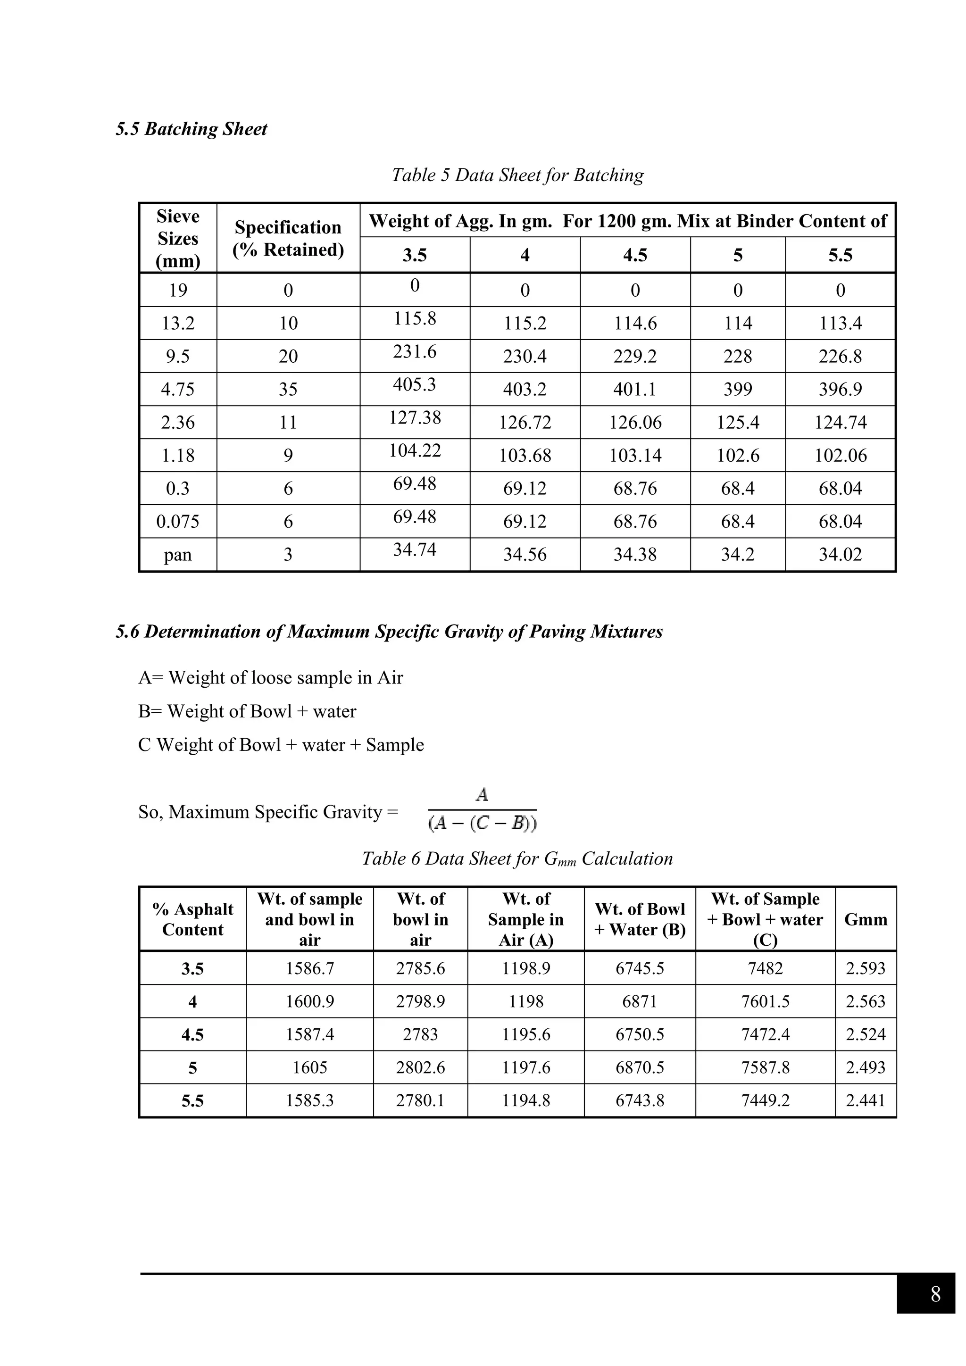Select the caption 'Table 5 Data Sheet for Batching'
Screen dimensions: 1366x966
517,175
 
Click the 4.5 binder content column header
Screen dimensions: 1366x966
635,255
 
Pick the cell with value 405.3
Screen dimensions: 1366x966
414,384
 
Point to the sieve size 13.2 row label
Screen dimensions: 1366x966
178,323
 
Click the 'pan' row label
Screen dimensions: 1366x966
178,555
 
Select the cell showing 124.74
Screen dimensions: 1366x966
840,423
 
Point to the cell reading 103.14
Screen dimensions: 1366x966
635,455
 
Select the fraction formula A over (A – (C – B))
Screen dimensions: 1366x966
482,810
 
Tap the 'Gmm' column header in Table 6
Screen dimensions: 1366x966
866,919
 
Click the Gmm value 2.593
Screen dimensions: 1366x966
866,968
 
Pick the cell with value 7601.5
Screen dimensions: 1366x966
765,1001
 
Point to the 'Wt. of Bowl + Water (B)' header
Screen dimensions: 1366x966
640,919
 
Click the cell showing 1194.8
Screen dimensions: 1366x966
526,1100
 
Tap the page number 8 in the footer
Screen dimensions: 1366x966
935,1294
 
